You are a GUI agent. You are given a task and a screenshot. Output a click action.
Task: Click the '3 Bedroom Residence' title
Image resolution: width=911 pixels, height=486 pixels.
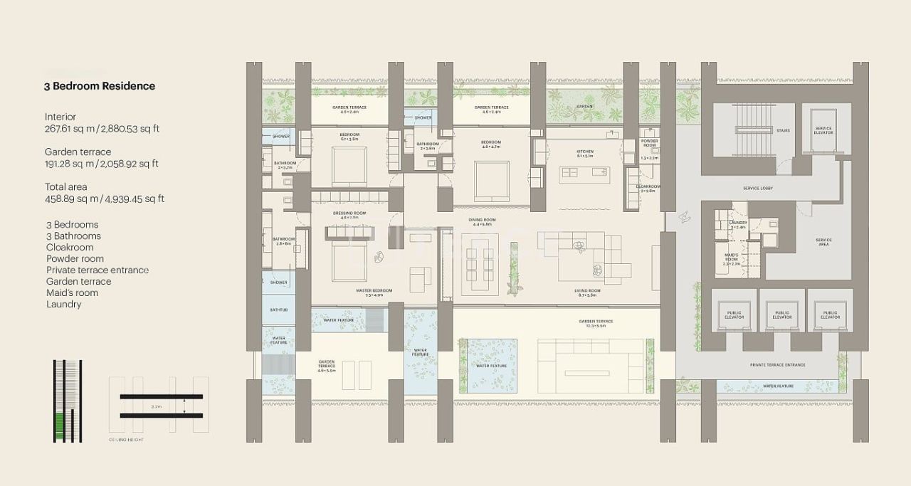[x=99, y=86]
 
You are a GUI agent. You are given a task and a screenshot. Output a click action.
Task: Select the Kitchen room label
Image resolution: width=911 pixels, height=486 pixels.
[x=584, y=152]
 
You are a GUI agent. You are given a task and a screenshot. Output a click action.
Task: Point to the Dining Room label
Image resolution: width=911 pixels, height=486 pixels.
[x=481, y=220]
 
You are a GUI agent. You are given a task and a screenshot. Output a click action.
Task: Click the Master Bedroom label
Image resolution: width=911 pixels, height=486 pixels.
[x=374, y=291]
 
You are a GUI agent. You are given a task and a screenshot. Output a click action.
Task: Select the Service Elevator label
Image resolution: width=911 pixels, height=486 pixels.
[x=823, y=130]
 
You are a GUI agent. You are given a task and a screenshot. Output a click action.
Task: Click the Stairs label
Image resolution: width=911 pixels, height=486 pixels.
[x=783, y=130]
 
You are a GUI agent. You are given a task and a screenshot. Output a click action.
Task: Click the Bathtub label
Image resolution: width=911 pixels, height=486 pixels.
[x=278, y=310]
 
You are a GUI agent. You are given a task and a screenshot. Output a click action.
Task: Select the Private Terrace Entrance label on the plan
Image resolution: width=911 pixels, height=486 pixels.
[x=777, y=365]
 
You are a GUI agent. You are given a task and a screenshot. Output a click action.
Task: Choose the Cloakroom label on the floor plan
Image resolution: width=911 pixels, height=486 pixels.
[x=648, y=186]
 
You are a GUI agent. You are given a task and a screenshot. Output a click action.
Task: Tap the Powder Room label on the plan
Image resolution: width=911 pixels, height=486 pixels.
[x=648, y=143]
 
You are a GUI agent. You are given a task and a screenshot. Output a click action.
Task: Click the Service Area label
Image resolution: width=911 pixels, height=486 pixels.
[x=823, y=242]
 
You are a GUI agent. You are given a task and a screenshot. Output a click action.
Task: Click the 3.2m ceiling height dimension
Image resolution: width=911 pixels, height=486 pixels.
[x=156, y=406]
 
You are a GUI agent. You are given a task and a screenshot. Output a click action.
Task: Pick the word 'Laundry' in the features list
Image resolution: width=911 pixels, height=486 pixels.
[x=63, y=304]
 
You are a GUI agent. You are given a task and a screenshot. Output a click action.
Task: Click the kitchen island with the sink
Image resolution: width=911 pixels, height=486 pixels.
[x=584, y=172]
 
